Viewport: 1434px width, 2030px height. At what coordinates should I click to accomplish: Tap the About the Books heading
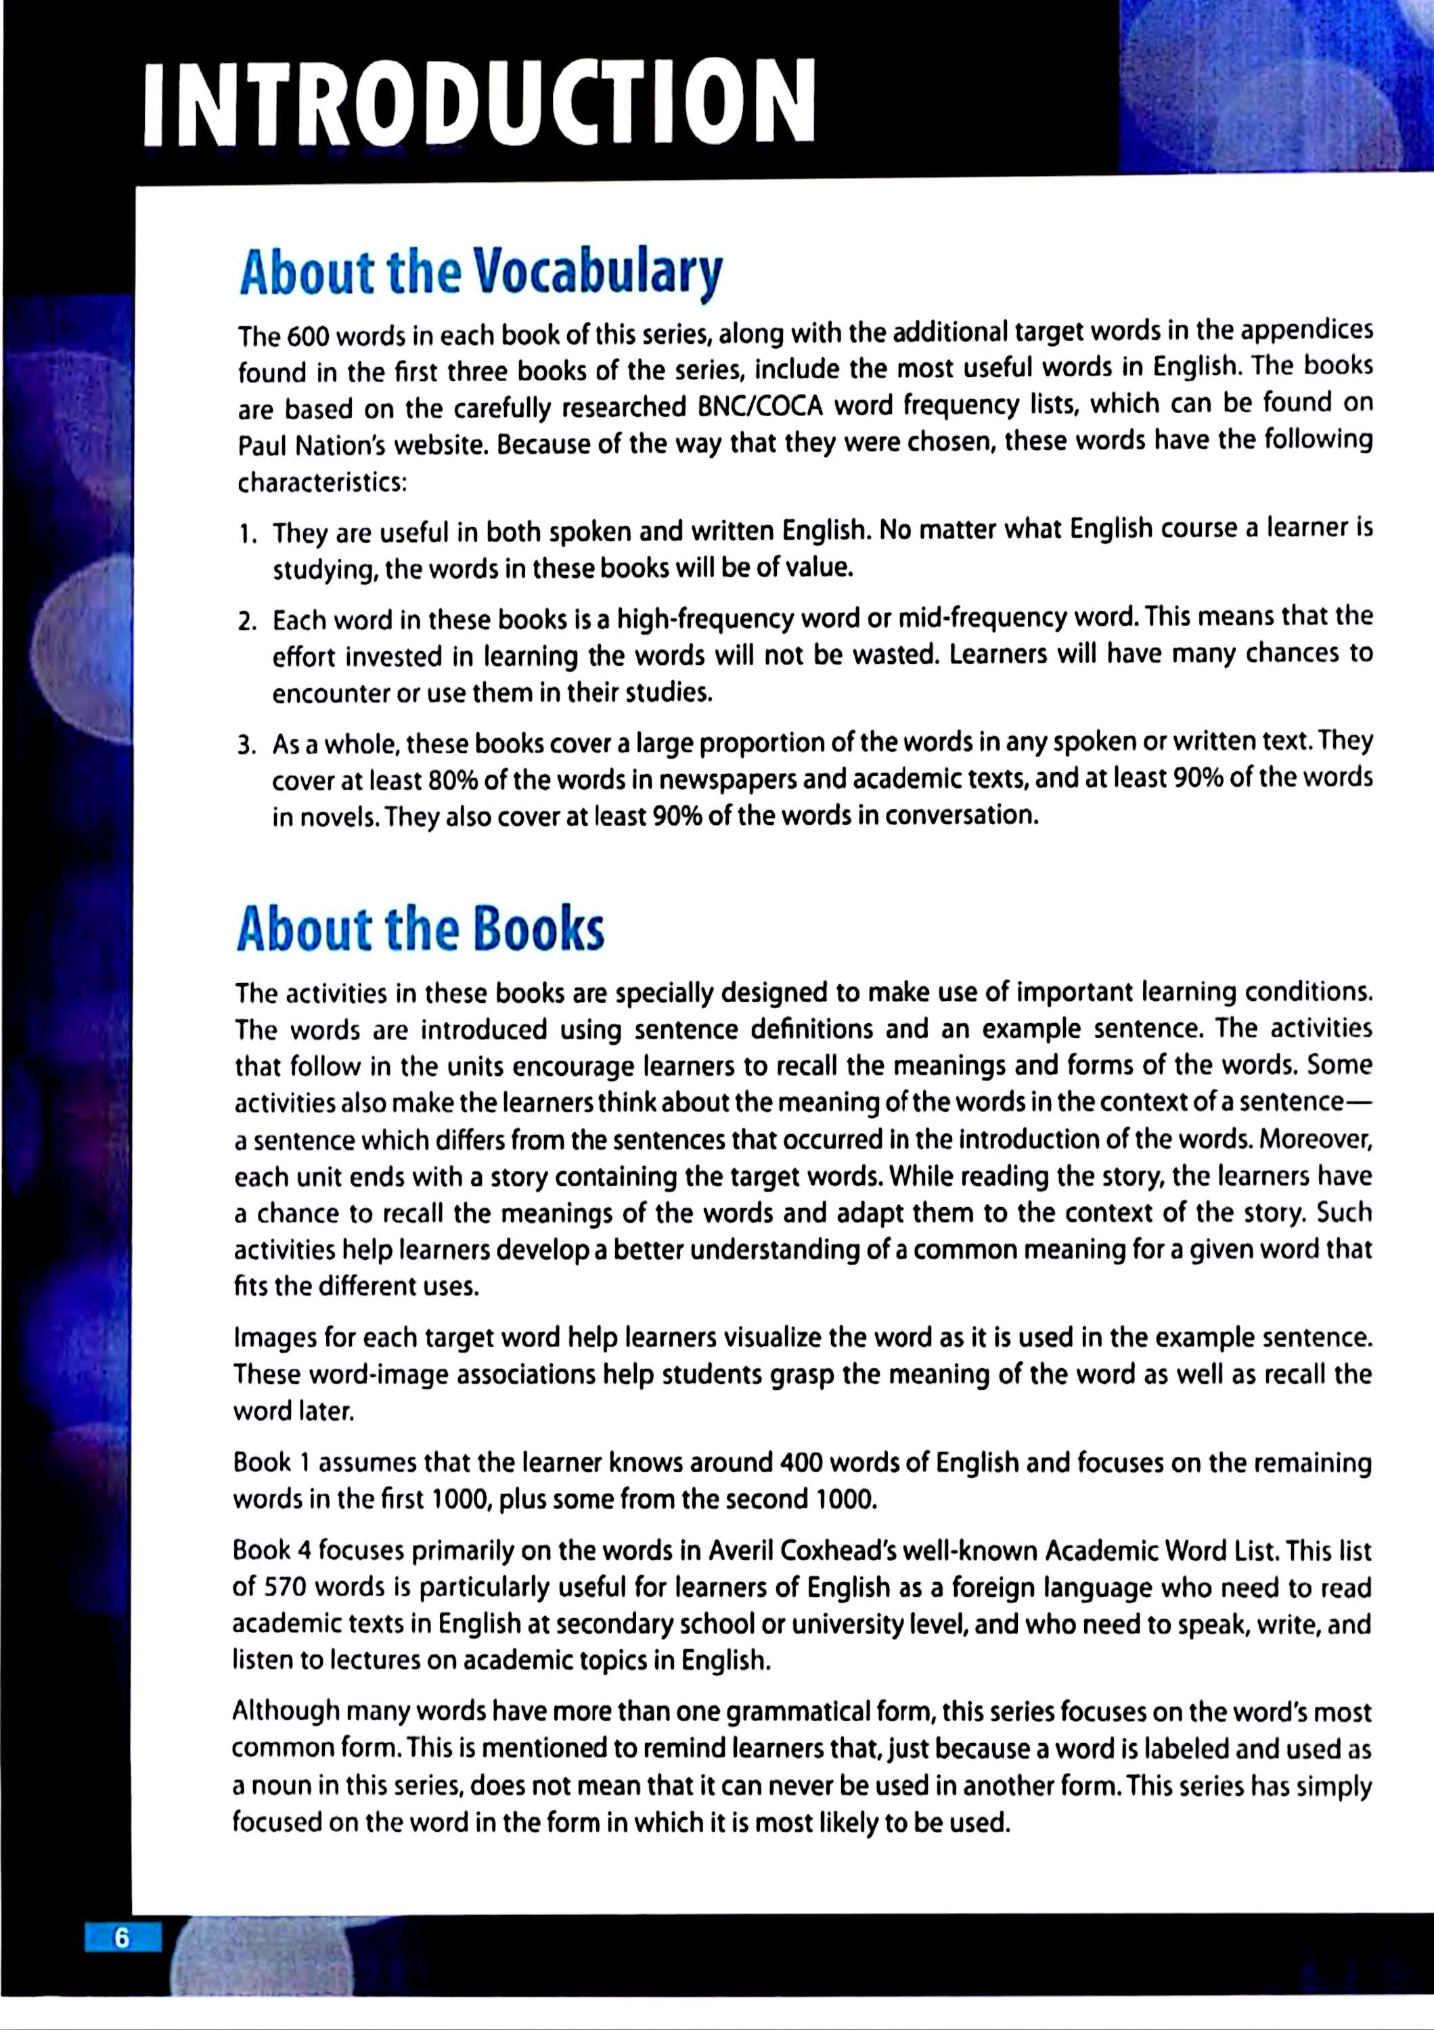coord(420,929)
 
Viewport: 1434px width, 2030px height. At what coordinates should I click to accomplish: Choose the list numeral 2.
coord(246,622)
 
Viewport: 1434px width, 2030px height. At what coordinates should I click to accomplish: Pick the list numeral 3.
coord(246,745)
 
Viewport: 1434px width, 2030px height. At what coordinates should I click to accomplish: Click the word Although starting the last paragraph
coord(286,1712)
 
